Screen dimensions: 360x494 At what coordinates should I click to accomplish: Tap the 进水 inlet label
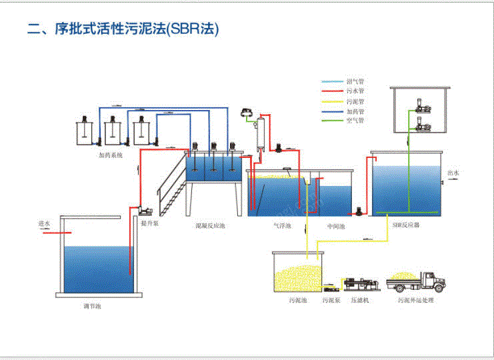click(x=45, y=225)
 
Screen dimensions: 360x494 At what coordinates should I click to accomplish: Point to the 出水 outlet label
click(x=453, y=173)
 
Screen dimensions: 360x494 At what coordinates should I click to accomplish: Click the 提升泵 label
click(x=149, y=225)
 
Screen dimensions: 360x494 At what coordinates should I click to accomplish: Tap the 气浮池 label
click(x=283, y=226)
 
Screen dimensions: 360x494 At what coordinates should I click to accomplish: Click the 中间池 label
click(x=335, y=226)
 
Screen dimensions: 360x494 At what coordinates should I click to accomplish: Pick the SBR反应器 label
click(x=406, y=226)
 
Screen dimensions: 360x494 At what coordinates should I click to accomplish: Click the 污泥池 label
click(x=298, y=300)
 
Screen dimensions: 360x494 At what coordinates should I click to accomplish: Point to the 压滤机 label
click(x=361, y=300)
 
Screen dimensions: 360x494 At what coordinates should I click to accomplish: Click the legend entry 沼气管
click(x=355, y=81)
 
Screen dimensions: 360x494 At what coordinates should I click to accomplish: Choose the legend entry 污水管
click(x=355, y=91)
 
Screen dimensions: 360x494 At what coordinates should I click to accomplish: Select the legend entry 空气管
click(x=355, y=121)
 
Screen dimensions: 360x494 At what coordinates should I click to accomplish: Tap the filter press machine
click(x=361, y=283)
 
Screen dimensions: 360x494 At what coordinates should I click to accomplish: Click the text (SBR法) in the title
click(x=193, y=29)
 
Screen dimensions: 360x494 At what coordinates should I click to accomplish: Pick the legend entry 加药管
click(x=355, y=111)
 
